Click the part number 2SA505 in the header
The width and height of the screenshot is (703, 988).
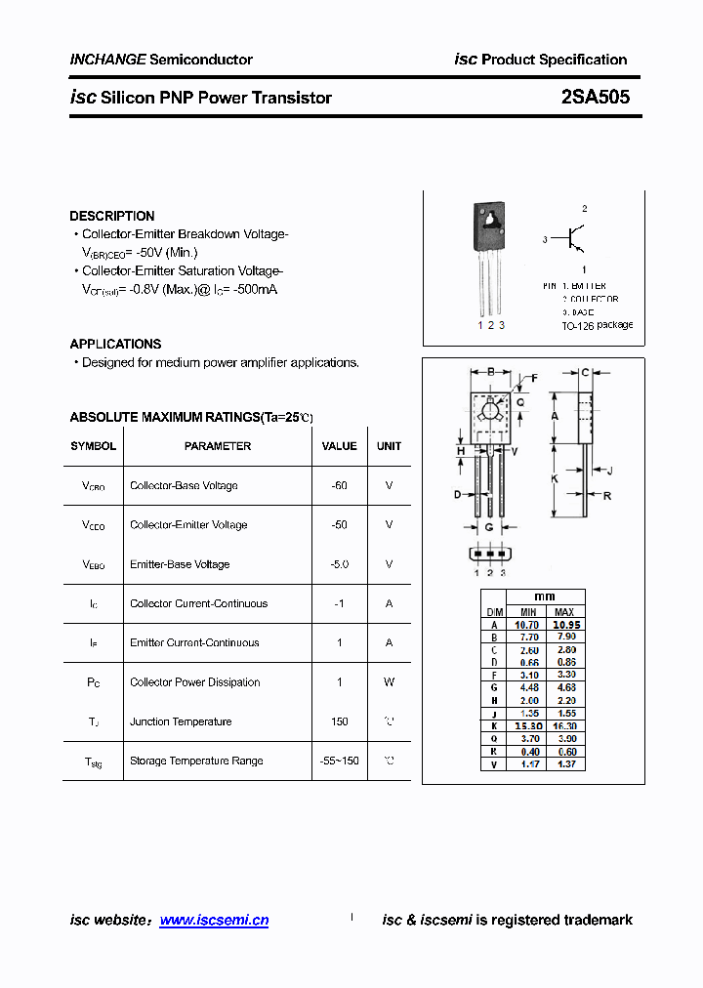[595, 98]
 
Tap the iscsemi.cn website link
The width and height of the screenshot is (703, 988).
[213, 920]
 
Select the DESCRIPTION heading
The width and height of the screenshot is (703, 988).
[111, 216]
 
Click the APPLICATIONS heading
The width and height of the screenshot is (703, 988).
[115, 344]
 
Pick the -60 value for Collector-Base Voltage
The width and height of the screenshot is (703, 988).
[339, 485]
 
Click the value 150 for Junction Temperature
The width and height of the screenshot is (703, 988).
[339, 721]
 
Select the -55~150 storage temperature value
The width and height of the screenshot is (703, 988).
[339, 761]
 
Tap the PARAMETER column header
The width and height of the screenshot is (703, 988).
[217, 446]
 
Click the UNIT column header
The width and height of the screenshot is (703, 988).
[389, 446]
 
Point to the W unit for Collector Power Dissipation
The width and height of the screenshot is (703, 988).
[389, 682]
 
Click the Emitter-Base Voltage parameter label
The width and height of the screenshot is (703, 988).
[180, 564]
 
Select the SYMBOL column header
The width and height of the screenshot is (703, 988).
[93, 446]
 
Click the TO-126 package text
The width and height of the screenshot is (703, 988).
[597, 325]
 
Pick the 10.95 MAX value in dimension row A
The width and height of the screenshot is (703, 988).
[565, 625]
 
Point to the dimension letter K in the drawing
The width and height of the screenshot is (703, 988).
[554, 478]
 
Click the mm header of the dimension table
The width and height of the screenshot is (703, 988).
[545, 597]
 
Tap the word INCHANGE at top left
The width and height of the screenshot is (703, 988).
[107, 60]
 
